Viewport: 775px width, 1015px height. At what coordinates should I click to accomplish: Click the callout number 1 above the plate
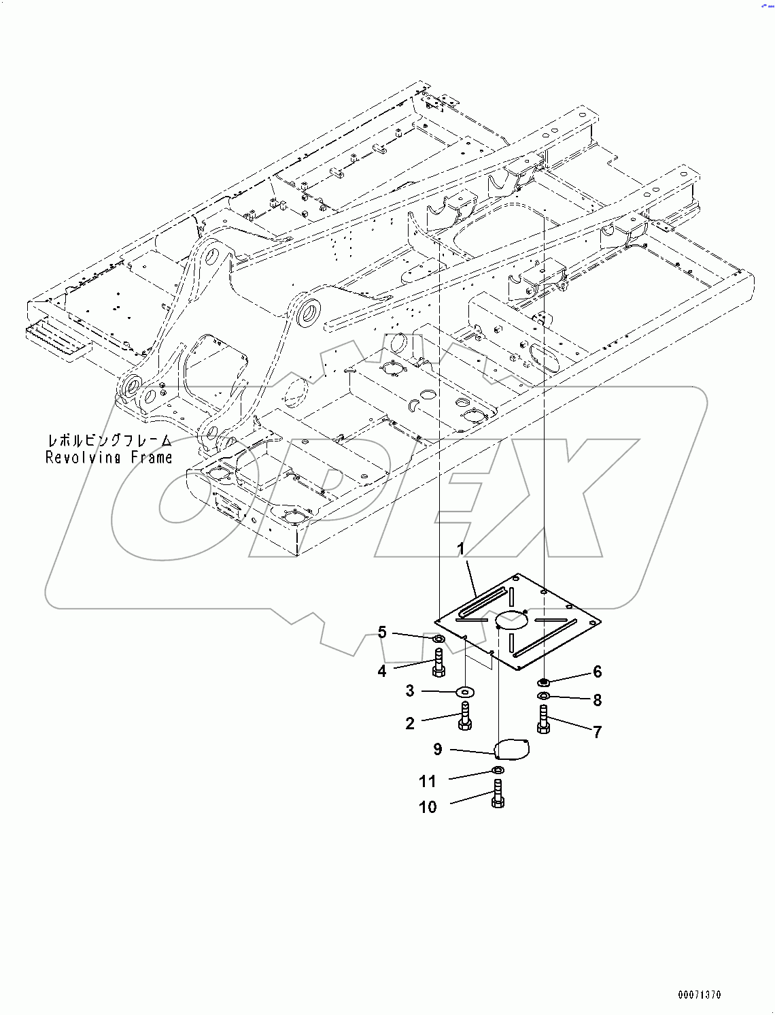click(x=460, y=549)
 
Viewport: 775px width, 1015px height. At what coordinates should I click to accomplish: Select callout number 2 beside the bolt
click(x=410, y=723)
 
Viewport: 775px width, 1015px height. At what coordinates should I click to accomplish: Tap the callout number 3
click(x=410, y=691)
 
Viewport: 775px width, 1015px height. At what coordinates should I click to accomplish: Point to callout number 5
click(x=382, y=633)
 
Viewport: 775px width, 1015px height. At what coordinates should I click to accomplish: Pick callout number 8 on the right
click(x=598, y=700)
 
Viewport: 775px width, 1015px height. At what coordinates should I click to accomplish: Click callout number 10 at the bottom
click(x=428, y=808)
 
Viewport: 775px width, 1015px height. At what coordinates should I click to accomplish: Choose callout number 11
click(x=428, y=781)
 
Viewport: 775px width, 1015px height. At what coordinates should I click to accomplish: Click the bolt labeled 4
click(x=438, y=663)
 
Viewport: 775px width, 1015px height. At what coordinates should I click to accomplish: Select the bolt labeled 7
click(x=543, y=720)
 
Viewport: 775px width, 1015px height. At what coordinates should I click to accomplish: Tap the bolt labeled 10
click(x=497, y=794)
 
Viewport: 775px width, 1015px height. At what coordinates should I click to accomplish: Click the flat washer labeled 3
click(x=466, y=692)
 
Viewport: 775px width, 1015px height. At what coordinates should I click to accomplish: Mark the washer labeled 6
click(x=544, y=682)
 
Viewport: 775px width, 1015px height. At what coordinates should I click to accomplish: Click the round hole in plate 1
click(x=512, y=619)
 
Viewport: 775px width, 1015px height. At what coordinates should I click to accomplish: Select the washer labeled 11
click(x=498, y=770)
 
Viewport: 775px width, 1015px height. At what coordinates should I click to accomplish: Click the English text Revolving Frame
click(x=109, y=458)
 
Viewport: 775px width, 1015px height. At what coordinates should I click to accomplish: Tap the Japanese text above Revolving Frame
click(x=109, y=441)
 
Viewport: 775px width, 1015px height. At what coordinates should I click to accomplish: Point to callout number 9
click(x=438, y=750)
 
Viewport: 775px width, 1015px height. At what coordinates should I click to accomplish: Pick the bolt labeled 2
click(x=465, y=717)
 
